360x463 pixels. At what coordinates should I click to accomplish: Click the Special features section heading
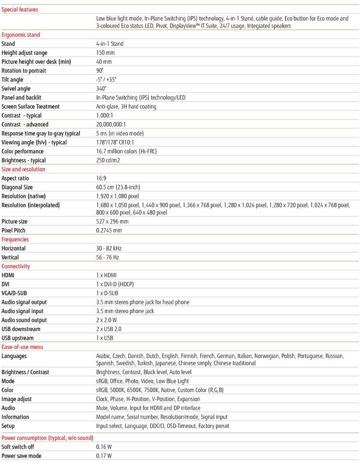click(x=20, y=9)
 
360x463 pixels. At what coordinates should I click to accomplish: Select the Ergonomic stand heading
click(x=21, y=35)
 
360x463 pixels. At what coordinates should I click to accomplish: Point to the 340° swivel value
click(x=101, y=89)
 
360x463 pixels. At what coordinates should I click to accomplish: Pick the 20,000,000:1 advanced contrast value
click(x=111, y=125)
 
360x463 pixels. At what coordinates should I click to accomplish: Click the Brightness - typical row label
click(x=23, y=161)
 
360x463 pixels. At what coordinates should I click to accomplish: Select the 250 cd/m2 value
click(x=108, y=161)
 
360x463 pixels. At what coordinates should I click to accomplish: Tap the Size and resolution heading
click(x=23, y=169)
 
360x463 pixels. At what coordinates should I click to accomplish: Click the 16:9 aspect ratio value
click(x=102, y=179)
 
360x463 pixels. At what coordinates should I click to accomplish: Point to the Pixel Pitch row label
click(x=13, y=230)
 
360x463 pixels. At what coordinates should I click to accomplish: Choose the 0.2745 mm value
click(x=109, y=230)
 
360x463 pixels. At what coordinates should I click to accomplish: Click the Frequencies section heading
click(x=15, y=239)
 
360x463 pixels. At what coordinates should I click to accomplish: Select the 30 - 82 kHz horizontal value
click(x=109, y=248)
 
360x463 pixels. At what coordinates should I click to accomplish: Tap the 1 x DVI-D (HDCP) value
click(x=115, y=284)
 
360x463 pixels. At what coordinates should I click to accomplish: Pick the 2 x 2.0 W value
click(x=107, y=320)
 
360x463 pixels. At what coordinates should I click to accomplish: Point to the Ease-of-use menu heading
click(x=22, y=347)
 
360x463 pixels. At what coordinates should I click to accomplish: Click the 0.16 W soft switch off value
click(x=104, y=447)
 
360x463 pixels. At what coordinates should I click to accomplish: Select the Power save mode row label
click(x=21, y=456)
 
